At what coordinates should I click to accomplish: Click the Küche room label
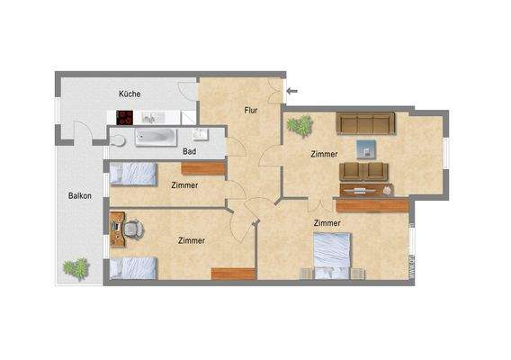pyautogui.click(x=130, y=94)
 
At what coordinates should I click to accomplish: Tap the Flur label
pyautogui.click(x=253, y=110)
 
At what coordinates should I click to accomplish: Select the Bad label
pyautogui.click(x=189, y=151)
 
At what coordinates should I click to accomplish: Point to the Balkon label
pyautogui.click(x=80, y=195)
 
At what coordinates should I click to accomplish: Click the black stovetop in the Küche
pyautogui.click(x=124, y=117)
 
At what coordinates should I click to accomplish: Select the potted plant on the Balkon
pyautogui.click(x=76, y=267)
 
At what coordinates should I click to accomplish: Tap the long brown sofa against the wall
pyautogui.click(x=364, y=122)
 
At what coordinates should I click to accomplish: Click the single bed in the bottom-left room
pyautogui.click(x=133, y=267)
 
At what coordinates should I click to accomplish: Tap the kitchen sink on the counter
pyautogui.click(x=150, y=117)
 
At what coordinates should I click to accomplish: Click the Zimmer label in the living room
pyautogui.click(x=324, y=154)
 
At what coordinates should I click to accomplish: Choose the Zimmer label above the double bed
pyautogui.click(x=327, y=222)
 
